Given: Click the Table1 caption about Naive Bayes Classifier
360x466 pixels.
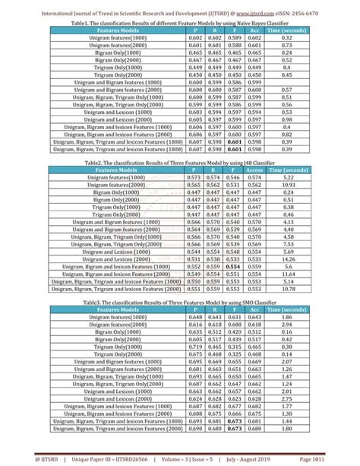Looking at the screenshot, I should pyautogui.click(x=180, y=24).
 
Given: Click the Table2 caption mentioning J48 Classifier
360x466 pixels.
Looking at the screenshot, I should pyautogui.click(x=180, y=163).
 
